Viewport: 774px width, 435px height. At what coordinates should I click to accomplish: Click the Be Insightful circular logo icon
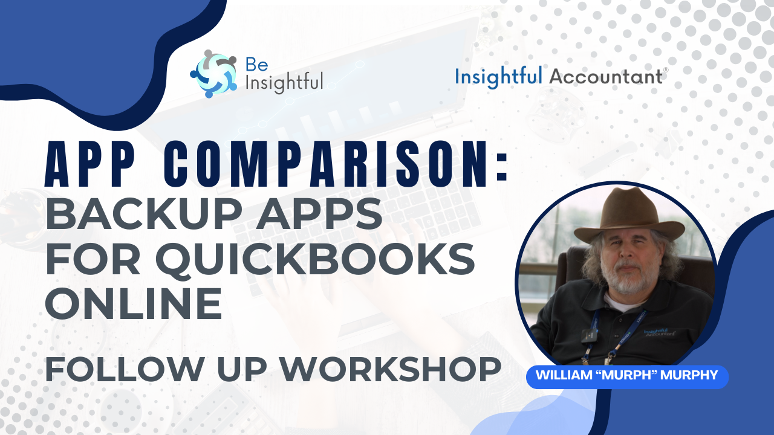pyautogui.click(x=213, y=74)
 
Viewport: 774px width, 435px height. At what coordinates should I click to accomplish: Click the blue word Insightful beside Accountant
pyautogui.click(x=498, y=77)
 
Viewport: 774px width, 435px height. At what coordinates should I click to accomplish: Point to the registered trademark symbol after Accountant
pyautogui.click(x=666, y=70)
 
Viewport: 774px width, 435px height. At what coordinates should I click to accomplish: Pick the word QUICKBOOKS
pyautogui.click(x=314, y=260)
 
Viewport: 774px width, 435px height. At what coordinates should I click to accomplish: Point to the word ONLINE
pyautogui.click(x=134, y=304)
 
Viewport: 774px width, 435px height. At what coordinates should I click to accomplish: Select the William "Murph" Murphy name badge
pyautogui.click(x=627, y=376)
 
